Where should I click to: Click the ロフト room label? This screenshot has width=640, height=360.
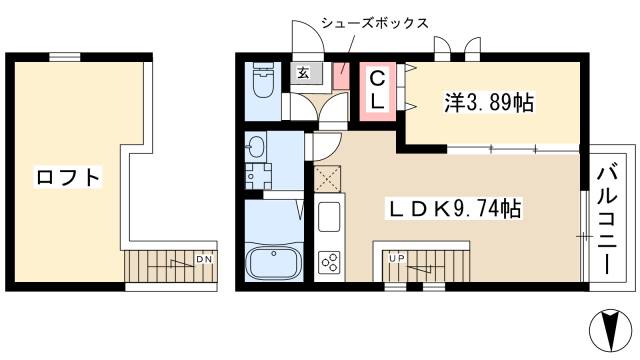(69, 179)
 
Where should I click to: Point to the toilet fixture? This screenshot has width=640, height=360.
(263, 79)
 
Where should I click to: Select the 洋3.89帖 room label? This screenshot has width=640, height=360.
(489, 101)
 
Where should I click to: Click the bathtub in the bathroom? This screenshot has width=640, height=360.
(274, 264)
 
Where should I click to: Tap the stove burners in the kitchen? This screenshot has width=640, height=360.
(330, 263)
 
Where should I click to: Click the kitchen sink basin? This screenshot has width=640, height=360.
(330, 216)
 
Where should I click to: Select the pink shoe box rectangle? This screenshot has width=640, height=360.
(341, 76)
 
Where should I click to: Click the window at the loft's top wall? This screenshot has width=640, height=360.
(66, 57)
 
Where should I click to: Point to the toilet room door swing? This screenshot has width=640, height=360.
(298, 105)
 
